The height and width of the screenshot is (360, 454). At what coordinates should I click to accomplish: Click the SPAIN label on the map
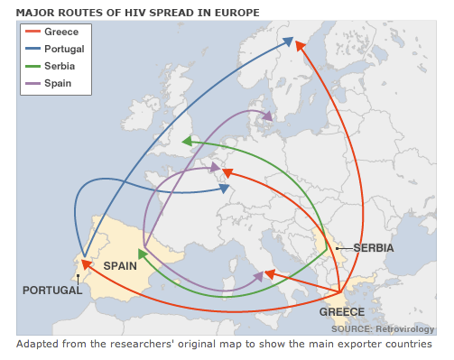pos(120,266)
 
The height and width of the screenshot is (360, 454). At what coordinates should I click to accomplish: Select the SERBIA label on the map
pos(374,247)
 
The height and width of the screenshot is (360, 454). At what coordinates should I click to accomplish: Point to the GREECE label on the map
pos(342,312)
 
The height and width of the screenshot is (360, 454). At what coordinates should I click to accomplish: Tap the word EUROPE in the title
pos(235,13)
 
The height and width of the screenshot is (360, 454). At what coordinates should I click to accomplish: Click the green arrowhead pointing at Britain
pos(185,141)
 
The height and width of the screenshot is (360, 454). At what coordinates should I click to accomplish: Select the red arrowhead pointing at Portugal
pos(84,264)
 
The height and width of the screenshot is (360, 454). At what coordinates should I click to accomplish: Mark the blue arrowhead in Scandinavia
pos(290,41)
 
